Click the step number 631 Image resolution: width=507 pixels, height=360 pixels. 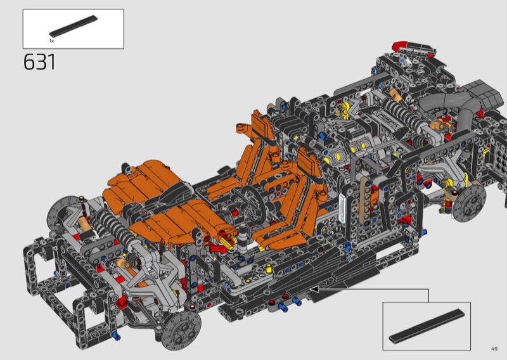pyautogui.click(x=39, y=61)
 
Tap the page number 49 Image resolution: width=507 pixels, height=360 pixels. pyautogui.click(x=494, y=349)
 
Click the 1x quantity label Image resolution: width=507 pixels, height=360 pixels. pyautogui.click(x=51, y=41)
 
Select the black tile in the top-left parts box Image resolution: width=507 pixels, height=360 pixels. pyautogui.click(x=74, y=26)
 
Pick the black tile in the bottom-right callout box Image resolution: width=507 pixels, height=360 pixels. pyautogui.click(x=427, y=326)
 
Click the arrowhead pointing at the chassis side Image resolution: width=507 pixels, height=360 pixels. pyautogui.click(x=314, y=289)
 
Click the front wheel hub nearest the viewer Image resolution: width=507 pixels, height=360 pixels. pyautogui.click(x=181, y=330)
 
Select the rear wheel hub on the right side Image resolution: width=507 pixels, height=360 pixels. pyautogui.click(x=469, y=203)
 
